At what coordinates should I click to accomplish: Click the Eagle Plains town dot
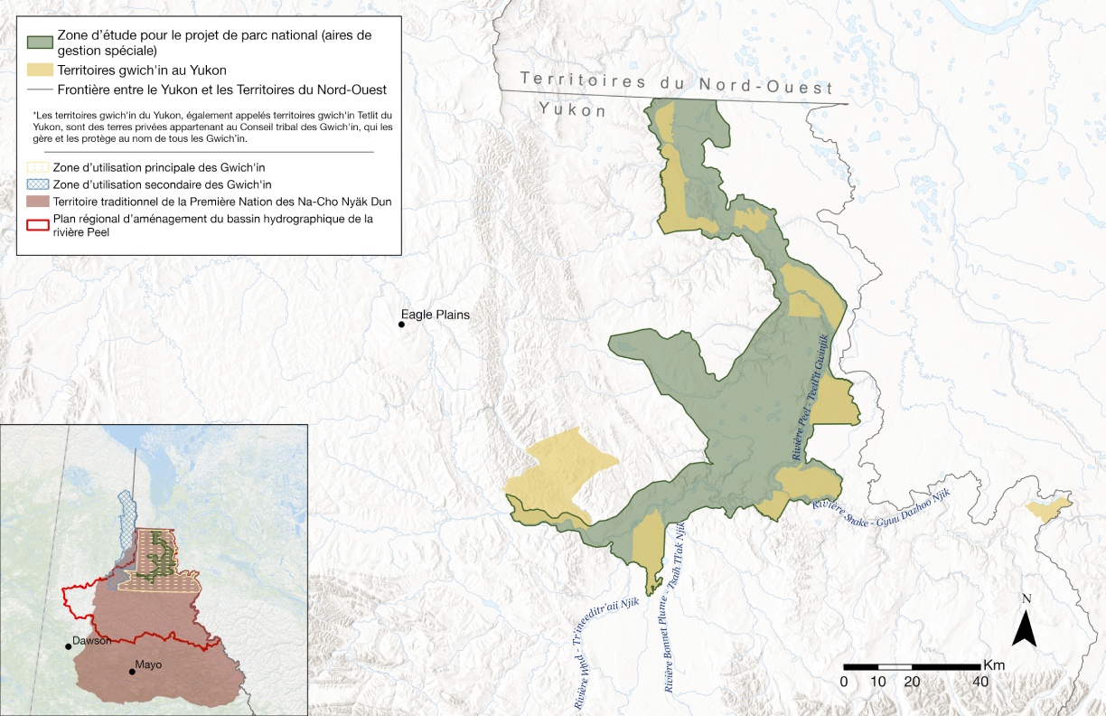point(402,324)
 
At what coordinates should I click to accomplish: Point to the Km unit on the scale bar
point(994,664)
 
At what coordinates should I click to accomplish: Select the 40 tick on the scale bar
point(979,681)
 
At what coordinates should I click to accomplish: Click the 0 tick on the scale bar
point(844,681)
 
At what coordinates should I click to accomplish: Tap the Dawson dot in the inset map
point(69,645)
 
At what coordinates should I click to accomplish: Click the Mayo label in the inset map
point(148,664)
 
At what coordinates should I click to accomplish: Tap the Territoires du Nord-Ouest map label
point(676,83)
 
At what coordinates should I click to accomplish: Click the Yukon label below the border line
point(572,110)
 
